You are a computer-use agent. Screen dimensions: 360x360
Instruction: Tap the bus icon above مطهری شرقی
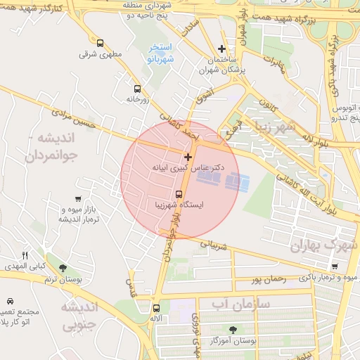coord(101,43)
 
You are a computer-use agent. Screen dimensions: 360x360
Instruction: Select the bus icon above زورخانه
coord(136,89)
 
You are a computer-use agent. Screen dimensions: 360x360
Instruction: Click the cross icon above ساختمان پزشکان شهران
coord(222,49)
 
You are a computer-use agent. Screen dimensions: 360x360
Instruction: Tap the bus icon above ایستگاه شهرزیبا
coord(178,193)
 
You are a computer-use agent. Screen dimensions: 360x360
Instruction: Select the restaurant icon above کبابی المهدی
coord(25,255)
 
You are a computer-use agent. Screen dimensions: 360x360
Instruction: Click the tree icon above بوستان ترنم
coord(63,268)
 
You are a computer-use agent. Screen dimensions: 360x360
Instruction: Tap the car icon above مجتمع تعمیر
coord(9,300)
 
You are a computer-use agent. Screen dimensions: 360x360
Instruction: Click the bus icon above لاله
coord(156,307)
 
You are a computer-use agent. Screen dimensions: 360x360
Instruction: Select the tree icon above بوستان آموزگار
coord(233,328)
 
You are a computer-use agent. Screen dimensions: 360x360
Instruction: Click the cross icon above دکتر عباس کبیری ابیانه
coord(188,157)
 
